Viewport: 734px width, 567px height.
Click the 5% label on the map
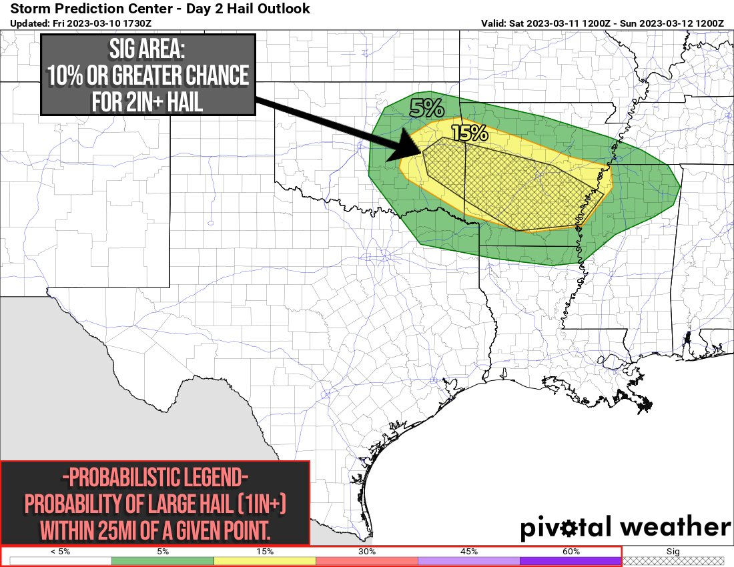pos(426,109)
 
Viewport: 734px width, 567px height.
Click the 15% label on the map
pos(470,133)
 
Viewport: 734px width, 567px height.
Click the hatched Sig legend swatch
pos(673,561)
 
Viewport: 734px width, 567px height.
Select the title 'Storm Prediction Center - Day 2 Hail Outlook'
pos(160,9)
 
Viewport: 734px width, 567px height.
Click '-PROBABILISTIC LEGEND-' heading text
pos(155,478)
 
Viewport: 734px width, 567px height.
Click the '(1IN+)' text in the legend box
pos(262,505)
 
